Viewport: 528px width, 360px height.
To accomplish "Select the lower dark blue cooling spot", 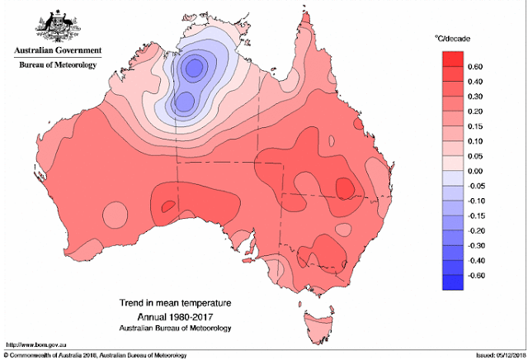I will click(x=186, y=102).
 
